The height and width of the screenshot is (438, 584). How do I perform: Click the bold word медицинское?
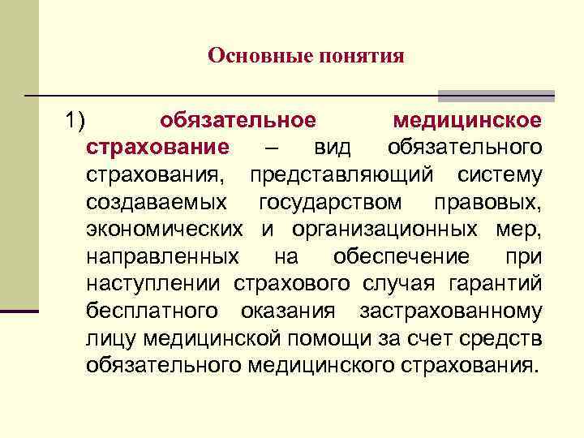tap(467, 122)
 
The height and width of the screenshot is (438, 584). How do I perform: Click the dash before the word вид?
tap(271, 148)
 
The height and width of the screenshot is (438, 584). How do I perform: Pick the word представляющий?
tap(341, 175)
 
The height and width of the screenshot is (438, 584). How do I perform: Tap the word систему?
tap(500, 175)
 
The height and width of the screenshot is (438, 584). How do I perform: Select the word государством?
tap(330, 202)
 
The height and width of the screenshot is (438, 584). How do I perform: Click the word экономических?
tap(165, 230)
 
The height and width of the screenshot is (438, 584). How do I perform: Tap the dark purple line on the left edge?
tap(19, 311)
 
